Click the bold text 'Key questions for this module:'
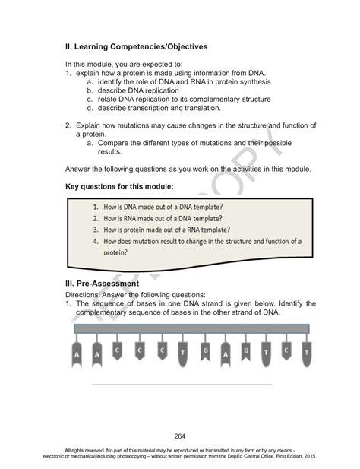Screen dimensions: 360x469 point(120,186)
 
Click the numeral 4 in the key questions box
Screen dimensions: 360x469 point(96,242)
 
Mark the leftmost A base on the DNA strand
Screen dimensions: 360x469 point(77,353)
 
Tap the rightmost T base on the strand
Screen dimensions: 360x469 point(305,353)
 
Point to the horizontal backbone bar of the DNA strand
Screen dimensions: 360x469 point(190,328)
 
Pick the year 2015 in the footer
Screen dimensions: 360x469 point(310,457)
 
